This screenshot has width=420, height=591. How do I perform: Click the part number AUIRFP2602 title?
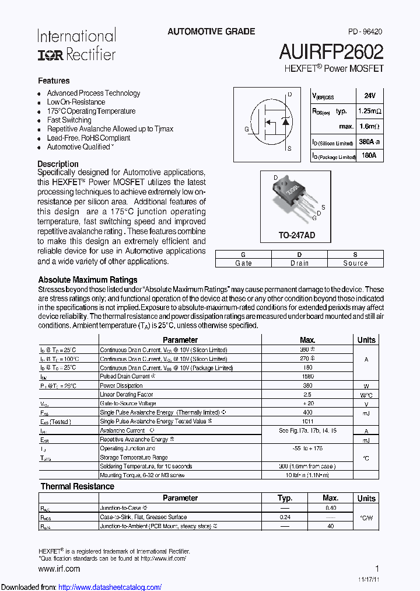pos(331,52)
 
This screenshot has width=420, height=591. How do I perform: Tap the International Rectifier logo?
pos(76,45)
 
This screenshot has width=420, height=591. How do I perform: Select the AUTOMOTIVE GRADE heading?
pos(211,32)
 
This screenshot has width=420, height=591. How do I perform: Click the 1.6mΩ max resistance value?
pos(369,126)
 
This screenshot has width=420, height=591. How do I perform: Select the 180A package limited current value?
pos(369,155)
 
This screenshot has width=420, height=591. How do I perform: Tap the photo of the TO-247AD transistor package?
pos(293,198)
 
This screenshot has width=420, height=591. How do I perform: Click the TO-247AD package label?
pos(296,235)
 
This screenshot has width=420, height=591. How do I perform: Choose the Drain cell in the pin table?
pos(299,263)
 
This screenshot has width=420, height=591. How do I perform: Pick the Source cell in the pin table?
pos(355,263)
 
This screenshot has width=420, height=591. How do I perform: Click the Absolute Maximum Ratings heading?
pos(87,280)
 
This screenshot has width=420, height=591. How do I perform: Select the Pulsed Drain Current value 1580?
pos(307,377)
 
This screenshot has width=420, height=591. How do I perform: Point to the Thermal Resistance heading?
pos(77,486)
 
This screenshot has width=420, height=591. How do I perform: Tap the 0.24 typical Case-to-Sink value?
pos(285,517)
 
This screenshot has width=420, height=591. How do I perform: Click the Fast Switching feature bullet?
pos(69,120)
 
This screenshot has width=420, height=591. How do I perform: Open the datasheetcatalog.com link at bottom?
pos(110,587)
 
